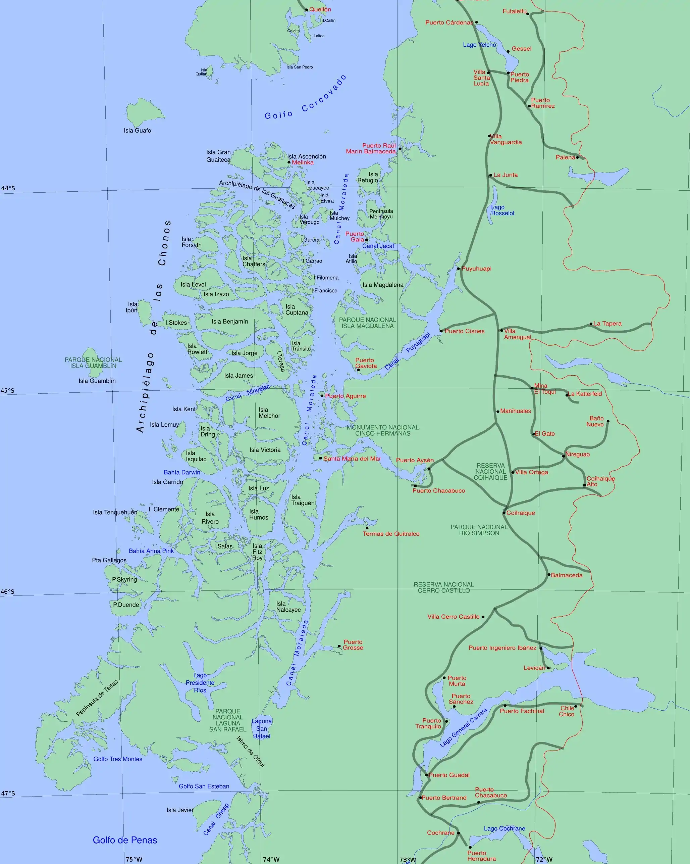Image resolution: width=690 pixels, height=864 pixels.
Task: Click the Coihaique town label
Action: [x=520, y=513]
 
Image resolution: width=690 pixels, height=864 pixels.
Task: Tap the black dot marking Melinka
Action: [x=289, y=162]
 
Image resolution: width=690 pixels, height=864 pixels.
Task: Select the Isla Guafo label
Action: [x=137, y=131]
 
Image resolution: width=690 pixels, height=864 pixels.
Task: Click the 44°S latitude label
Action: [x=8, y=188]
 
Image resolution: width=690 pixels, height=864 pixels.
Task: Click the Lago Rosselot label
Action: [x=502, y=210]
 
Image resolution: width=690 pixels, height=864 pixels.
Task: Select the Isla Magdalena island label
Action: [x=383, y=285]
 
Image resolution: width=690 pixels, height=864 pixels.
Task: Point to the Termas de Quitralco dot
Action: [x=367, y=528]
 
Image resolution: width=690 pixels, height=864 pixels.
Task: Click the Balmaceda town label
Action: [x=567, y=575]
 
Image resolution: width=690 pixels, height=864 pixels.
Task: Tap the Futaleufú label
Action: [x=515, y=11]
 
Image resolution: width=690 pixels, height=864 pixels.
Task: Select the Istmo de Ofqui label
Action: [x=251, y=752]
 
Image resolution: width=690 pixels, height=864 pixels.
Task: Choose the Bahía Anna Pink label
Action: [x=151, y=551]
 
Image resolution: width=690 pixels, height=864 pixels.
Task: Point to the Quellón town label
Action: [x=320, y=9]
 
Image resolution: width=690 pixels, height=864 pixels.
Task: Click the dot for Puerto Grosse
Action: [x=339, y=646]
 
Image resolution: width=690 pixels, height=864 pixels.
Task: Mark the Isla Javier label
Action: [x=180, y=810]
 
